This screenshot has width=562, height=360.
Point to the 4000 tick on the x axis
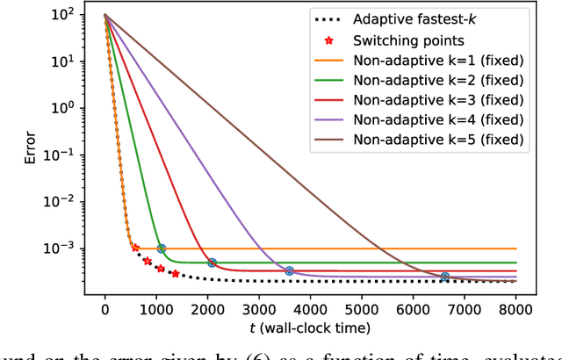pos(311,309)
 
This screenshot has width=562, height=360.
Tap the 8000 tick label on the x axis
pos(516,309)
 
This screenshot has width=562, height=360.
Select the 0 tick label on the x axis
pos(105,309)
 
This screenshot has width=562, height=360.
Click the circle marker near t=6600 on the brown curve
pos(444,277)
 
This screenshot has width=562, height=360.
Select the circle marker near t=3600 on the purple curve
pos(290,270)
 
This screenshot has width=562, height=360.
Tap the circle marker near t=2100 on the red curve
pos(213,263)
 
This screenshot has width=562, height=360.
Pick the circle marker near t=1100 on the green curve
pos(161,248)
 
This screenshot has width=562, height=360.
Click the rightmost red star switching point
pos(176,274)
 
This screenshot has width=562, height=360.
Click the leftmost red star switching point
pos(135,248)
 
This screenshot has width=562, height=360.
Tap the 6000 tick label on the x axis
pos(414,309)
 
